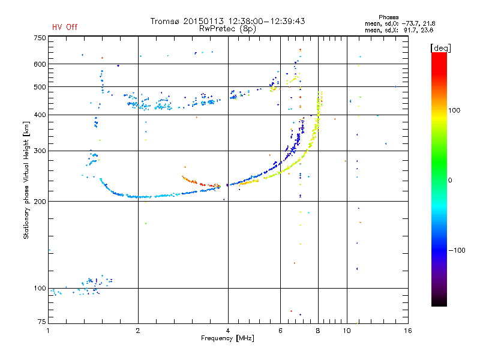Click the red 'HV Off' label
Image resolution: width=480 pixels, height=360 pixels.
click(64, 27)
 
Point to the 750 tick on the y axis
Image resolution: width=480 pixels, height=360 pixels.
click(40, 38)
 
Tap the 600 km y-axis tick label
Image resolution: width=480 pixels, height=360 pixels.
click(40, 64)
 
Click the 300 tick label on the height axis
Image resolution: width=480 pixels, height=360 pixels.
click(40, 151)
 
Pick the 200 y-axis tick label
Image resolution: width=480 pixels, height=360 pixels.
click(40, 202)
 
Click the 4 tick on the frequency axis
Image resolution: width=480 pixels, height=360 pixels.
click(228, 331)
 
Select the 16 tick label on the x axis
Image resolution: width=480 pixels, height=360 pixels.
click(407, 331)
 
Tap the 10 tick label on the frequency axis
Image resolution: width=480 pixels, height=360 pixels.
click(347, 331)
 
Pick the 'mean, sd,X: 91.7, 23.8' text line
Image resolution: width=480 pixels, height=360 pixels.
click(398, 29)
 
